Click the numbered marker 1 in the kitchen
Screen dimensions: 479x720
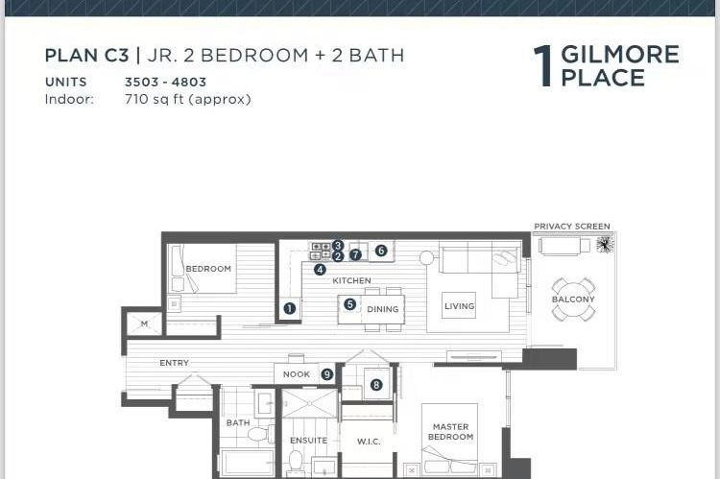pos(289,309)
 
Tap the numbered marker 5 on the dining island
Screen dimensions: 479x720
pos(350,304)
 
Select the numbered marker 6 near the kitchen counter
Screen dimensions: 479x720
pos(381,251)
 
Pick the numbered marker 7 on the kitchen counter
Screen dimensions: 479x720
pos(355,255)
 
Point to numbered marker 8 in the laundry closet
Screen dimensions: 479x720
pos(376,384)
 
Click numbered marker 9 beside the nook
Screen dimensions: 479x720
pos(327,374)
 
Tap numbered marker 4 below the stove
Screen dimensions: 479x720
pos(320,270)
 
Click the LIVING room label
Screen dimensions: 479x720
pos(459,307)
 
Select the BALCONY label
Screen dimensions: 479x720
pos(572,299)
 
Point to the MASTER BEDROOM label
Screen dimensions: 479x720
pos(450,432)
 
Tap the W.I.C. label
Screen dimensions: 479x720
pos(369,442)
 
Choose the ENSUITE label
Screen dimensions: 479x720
pos(308,441)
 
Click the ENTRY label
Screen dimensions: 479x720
pos(175,363)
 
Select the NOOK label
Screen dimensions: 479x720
pos(297,374)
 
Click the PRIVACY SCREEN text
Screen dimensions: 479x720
pos(571,227)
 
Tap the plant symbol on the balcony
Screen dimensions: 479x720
pos(604,245)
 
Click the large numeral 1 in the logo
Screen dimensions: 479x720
pos(543,66)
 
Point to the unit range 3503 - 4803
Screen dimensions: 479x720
pos(165,83)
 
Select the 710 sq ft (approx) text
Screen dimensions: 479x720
pos(187,99)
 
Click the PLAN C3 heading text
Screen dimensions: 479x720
pos(86,56)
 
